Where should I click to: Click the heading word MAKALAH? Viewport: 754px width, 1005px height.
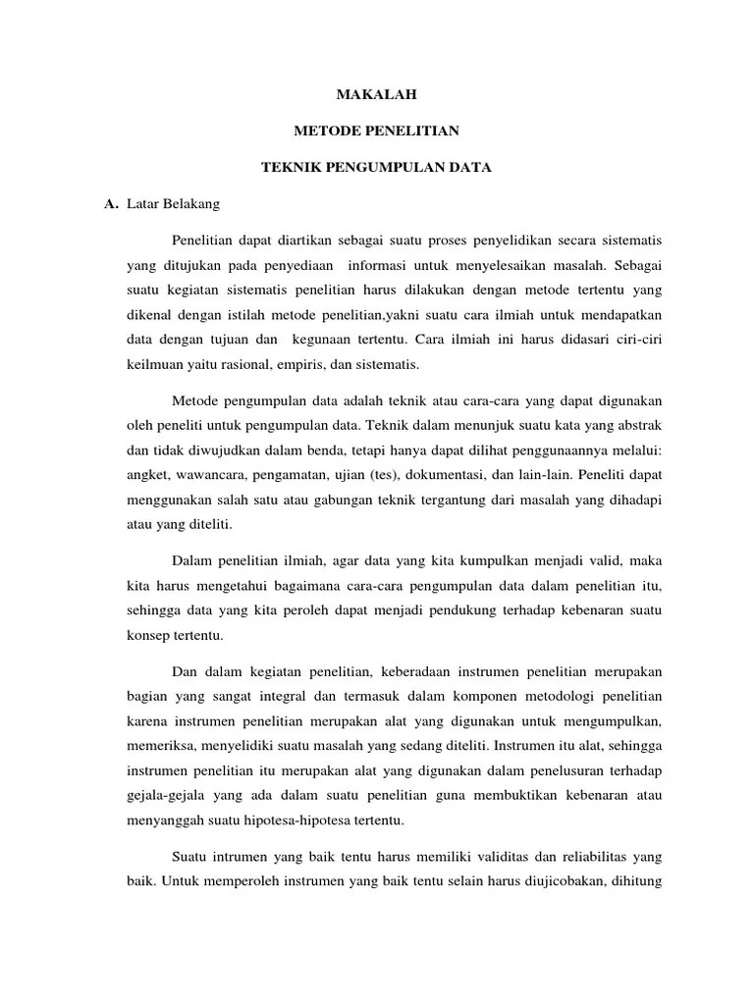tap(377, 94)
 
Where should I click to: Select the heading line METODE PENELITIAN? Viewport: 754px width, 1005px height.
tap(377, 131)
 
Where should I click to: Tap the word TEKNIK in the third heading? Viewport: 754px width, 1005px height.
tap(291, 168)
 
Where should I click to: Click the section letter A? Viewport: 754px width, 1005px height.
tap(110, 204)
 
